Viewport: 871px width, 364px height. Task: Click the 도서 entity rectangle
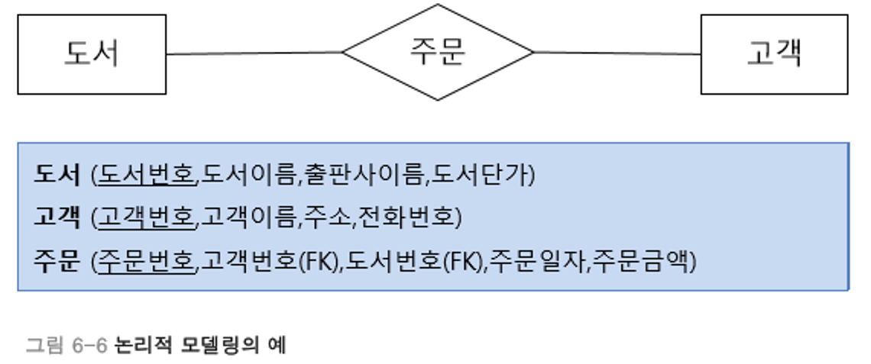click(92, 54)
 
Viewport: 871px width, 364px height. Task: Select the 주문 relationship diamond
click(437, 53)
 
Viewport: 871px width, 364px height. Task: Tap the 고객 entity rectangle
click(774, 54)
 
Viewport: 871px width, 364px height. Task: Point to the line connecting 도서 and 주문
click(254, 53)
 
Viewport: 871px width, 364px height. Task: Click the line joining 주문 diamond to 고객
click(617, 53)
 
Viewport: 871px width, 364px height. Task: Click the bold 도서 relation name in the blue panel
click(57, 175)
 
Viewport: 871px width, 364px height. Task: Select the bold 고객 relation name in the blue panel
click(57, 218)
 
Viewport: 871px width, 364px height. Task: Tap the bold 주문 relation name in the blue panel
click(57, 262)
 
